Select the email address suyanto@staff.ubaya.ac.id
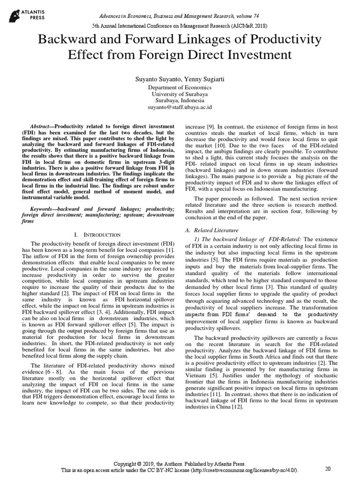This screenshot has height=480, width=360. point(180,107)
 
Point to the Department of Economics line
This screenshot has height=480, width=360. point(180,87)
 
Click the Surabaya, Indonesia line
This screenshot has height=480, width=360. point(180,100)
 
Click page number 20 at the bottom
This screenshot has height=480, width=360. point(328,468)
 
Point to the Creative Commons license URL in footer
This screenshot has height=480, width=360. point(251,470)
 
